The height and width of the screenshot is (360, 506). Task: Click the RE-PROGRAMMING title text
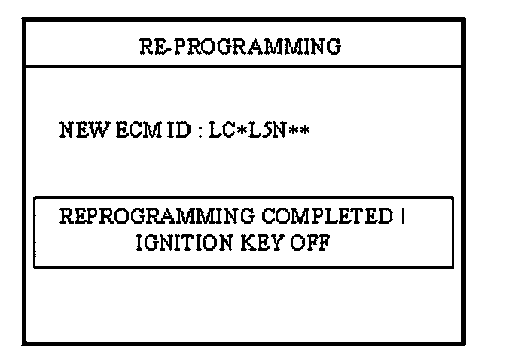[x=240, y=47]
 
